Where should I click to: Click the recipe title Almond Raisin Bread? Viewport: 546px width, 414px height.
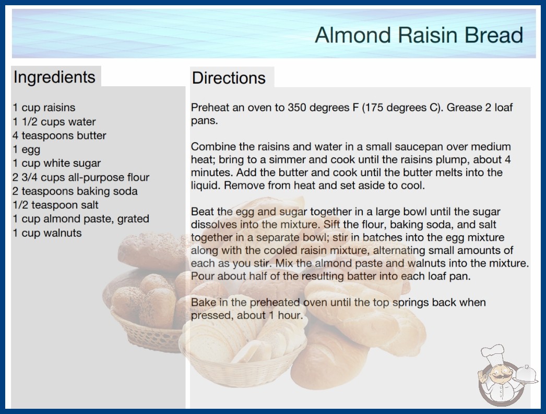click(419, 35)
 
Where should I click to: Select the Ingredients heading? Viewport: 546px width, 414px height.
click(54, 77)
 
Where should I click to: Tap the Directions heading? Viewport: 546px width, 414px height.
click(229, 78)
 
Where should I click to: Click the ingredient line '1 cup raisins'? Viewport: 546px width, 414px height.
click(44, 108)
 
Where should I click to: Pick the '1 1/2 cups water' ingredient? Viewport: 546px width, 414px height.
click(54, 122)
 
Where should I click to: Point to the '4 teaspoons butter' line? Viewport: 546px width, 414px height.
click(59, 135)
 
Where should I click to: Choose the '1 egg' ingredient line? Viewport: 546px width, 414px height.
click(27, 149)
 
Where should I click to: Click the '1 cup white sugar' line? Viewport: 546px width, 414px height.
click(57, 163)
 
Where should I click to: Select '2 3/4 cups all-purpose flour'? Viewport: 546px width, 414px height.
click(81, 177)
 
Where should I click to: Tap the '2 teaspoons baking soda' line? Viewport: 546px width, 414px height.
click(75, 191)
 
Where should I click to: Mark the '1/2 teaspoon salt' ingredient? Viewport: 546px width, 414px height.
click(55, 205)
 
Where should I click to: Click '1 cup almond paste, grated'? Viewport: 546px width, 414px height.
click(81, 218)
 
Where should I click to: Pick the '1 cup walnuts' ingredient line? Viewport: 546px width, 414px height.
click(47, 233)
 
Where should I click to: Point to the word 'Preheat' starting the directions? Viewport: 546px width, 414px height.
click(210, 108)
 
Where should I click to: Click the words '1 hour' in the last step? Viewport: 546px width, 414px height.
click(285, 315)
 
